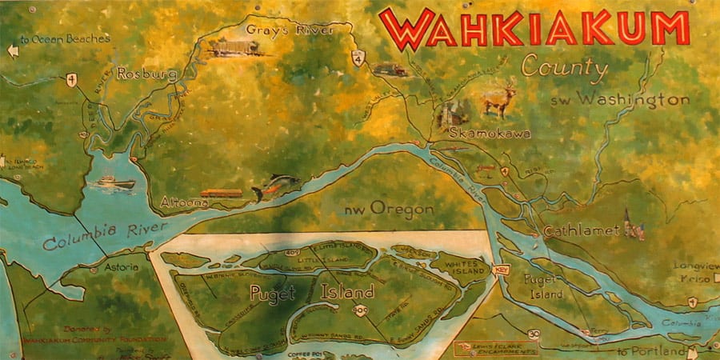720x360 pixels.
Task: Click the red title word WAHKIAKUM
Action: tap(534, 29)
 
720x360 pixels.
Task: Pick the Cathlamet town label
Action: tap(582, 230)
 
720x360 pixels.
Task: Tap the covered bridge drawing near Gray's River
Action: tap(234, 48)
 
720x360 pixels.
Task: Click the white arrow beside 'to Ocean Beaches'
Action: tap(11, 52)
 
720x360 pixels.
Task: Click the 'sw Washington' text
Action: tap(620, 101)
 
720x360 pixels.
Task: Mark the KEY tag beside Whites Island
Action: tap(501, 270)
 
